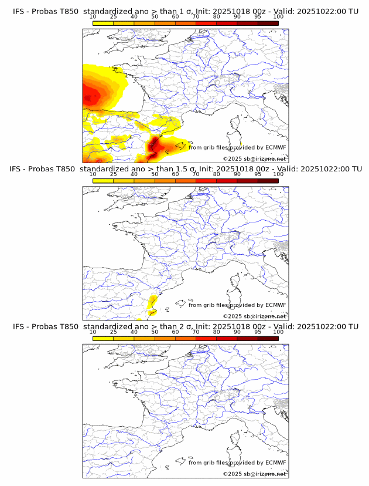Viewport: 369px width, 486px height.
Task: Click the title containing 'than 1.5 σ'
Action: (184, 169)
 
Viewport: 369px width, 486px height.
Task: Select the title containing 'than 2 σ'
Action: (184, 326)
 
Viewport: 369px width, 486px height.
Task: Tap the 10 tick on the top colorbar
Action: (93, 16)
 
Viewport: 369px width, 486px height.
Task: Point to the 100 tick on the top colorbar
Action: (278, 16)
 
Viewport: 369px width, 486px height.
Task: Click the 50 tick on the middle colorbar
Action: (155, 174)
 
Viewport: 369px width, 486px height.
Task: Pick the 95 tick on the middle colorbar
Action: (258, 174)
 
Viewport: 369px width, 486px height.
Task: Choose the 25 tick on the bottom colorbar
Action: (114, 332)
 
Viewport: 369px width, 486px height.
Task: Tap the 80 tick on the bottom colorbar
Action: (217, 332)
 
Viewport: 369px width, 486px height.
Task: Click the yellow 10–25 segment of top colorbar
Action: (103, 23)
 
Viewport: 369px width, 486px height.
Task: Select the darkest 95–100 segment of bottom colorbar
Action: (268, 339)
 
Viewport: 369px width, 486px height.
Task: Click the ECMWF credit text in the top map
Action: (237, 147)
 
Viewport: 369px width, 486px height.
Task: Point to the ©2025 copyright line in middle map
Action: (254, 316)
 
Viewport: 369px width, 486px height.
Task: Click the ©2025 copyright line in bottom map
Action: (254, 474)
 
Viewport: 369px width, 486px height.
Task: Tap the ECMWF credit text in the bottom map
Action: (237, 463)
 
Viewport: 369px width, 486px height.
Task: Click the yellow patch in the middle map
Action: (152, 303)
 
